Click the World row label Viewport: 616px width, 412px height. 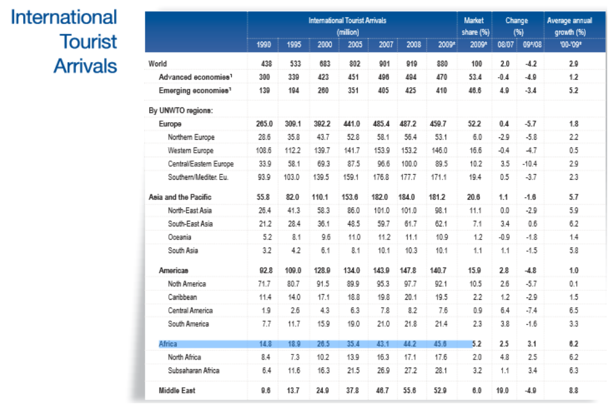(157, 64)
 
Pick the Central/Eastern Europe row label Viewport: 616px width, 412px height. (201, 164)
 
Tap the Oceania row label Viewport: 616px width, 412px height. (179, 237)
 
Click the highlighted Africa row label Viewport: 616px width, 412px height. (168, 344)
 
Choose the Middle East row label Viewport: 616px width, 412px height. (177, 391)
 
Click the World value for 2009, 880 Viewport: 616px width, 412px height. (442, 64)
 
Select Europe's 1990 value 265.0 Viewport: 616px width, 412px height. (264, 124)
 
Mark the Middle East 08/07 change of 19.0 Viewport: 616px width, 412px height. (504, 391)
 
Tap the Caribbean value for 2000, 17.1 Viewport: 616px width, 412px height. (324, 297)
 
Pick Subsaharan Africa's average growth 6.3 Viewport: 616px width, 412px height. (574, 370)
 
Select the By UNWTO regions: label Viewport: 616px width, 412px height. (180, 111)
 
